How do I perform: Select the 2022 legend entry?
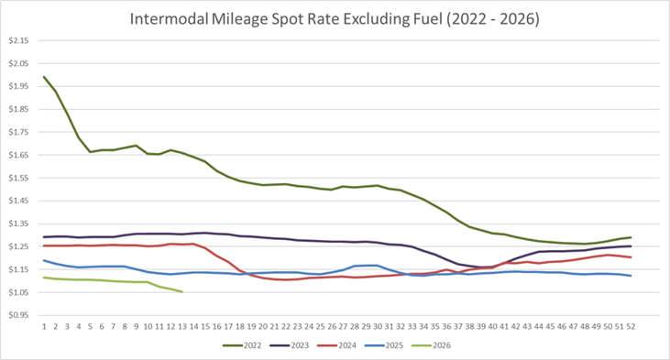pyautogui.click(x=246, y=345)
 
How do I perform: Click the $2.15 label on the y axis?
pyautogui.click(x=19, y=41)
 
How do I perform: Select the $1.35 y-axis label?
pyautogui.click(x=19, y=224)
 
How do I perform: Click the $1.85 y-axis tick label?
pyautogui.click(x=19, y=110)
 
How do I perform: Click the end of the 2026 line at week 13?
pyautogui.click(x=182, y=292)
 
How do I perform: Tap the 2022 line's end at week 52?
pyautogui.click(x=631, y=237)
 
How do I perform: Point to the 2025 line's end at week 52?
pyautogui.click(x=631, y=276)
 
